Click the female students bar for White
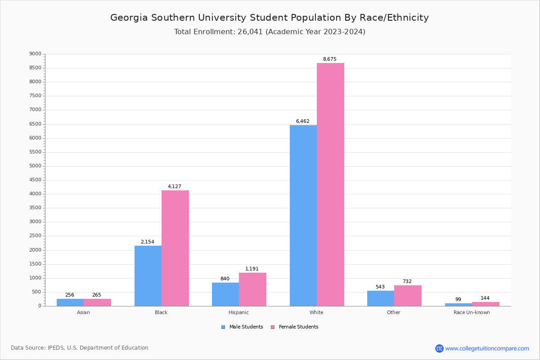click(330, 184)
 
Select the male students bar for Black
click(148, 276)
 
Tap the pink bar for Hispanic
click(252, 289)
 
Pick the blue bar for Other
click(381, 298)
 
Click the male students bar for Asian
click(70, 302)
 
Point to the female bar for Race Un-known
click(486, 304)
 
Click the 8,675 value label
click(329, 59)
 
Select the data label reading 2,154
click(147, 242)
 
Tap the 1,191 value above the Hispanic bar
click(252, 269)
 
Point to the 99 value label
click(458, 300)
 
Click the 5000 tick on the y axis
click(35, 166)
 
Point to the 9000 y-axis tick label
click(35, 54)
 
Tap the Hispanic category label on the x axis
click(238, 312)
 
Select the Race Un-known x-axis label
click(472, 312)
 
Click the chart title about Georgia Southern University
click(270, 18)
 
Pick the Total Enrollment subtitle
click(270, 32)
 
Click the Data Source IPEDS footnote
click(80, 348)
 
